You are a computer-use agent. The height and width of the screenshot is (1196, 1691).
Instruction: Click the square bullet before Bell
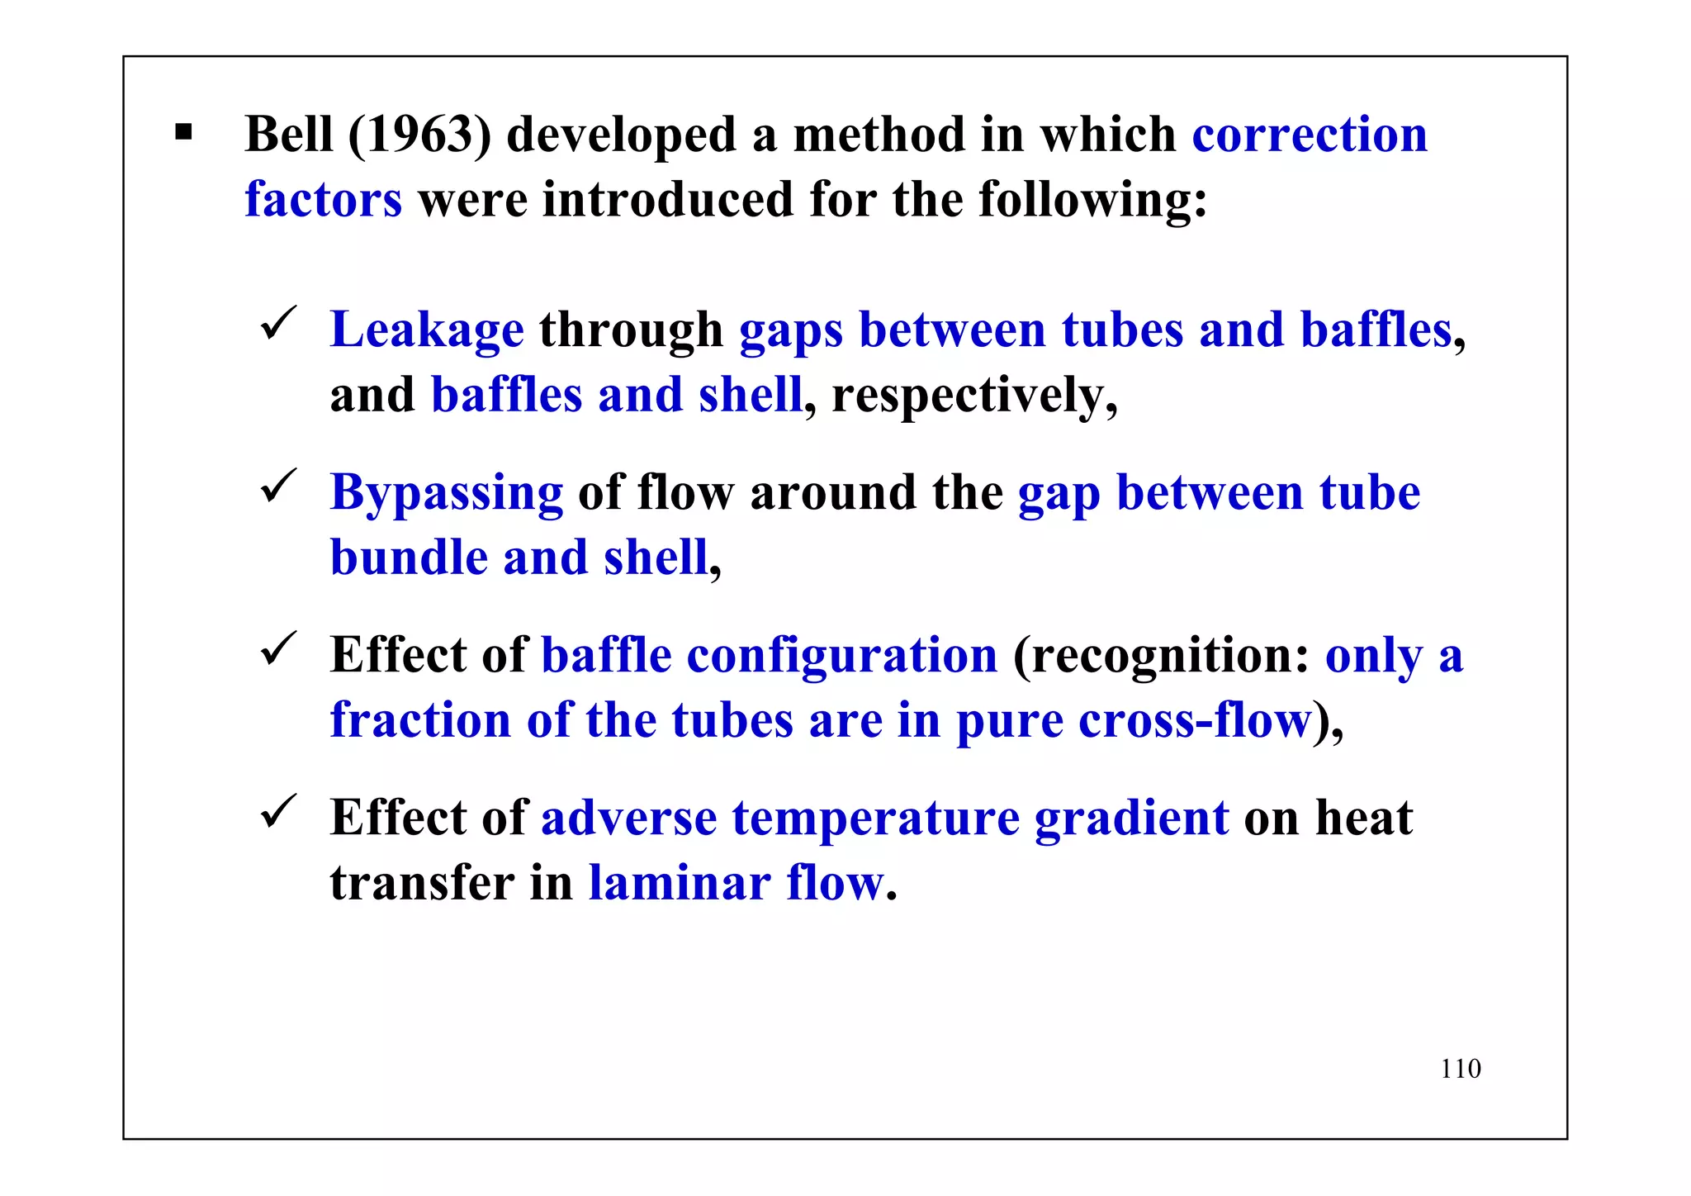tap(183, 132)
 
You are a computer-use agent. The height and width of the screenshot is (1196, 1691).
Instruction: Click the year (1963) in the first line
tap(419, 134)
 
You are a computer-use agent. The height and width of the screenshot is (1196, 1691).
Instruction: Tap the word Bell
tap(289, 134)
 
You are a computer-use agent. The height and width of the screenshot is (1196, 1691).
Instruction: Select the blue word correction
tap(1310, 134)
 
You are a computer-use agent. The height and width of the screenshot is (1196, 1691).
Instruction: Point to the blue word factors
tap(324, 199)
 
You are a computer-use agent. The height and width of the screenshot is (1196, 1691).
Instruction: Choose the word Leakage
tap(427, 330)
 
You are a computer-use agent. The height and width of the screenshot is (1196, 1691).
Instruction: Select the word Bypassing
tap(447, 492)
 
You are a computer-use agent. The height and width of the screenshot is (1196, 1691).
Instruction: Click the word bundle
tap(409, 558)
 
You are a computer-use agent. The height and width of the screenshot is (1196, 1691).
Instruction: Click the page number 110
tap(1461, 1069)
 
